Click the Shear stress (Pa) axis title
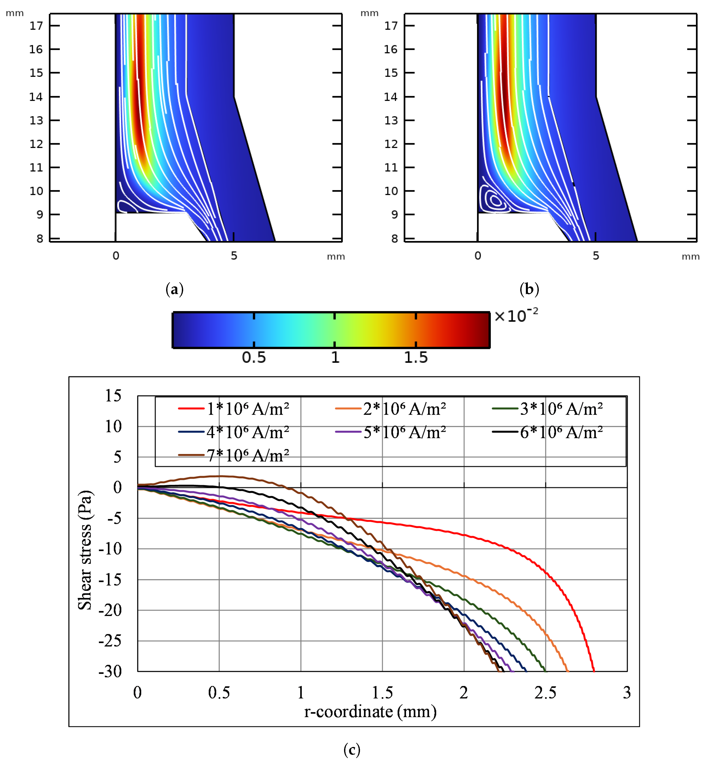point(85,550)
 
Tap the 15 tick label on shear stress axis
point(113,396)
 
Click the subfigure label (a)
point(175,289)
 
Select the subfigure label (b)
point(529,289)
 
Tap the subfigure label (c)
point(351,750)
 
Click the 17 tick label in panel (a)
point(37,26)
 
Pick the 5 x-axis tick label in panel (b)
point(596,256)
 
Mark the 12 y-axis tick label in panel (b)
point(391,144)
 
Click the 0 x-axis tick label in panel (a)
point(116,256)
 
